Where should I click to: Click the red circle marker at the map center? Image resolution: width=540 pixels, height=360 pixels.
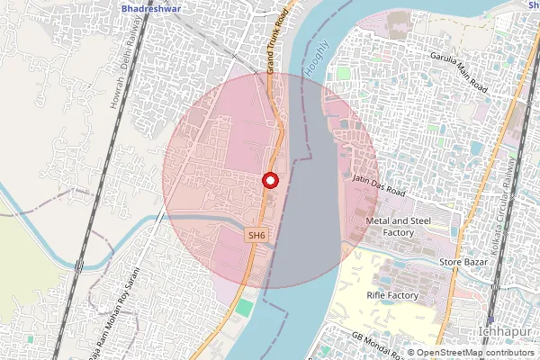pos(269,180)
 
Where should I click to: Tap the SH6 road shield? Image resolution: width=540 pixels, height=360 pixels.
pos(257,236)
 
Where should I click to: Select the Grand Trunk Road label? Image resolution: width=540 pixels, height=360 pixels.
pos(276,42)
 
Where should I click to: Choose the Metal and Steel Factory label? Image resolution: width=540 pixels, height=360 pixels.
pos(397,226)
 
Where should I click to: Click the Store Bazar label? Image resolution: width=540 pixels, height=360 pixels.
pos(463,262)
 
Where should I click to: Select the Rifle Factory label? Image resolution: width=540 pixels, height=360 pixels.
pos(393,295)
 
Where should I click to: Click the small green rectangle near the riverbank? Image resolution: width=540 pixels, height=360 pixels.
pos(244,309)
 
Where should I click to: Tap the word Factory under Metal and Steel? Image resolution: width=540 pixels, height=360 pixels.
pos(398,232)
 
